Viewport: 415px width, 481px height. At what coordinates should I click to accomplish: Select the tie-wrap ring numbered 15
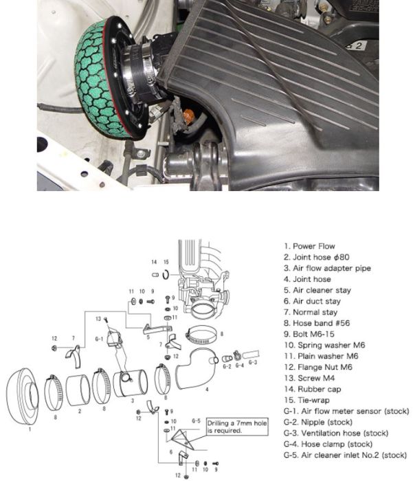pos(166,276)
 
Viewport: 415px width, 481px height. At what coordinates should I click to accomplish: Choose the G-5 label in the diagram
pos(195,420)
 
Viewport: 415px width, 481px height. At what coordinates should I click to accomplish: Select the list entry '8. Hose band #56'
pos(313,323)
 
